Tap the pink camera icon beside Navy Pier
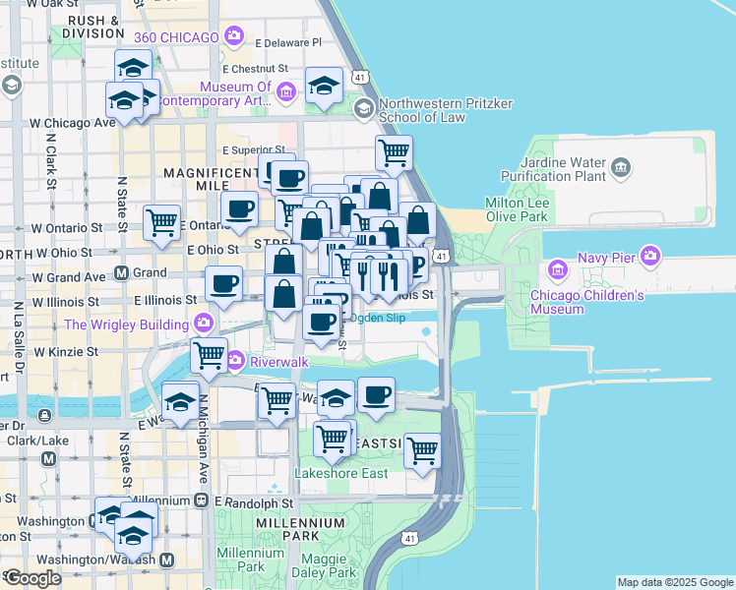[649, 257]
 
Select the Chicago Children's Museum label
[587, 302]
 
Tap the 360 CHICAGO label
[175, 37]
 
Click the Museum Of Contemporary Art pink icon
[286, 93]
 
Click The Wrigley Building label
[127, 324]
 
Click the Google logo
[32, 578]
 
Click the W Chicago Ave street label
[73, 124]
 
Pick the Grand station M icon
[122, 272]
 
